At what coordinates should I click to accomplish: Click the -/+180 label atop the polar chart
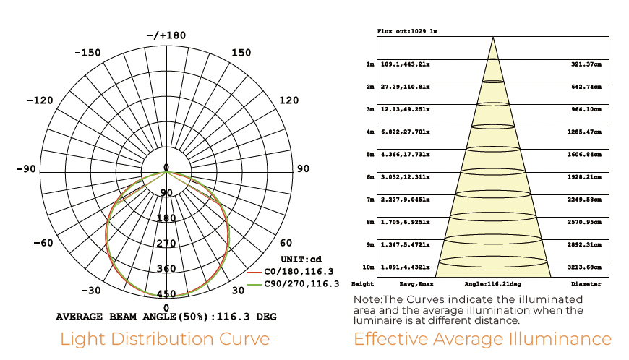coord(166,35)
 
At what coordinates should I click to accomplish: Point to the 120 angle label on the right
coord(288,100)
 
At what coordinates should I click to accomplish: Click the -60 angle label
coord(43,243)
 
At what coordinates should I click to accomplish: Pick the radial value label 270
coord(166,244)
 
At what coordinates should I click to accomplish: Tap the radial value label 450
coord(166,293)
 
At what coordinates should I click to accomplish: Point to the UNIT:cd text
coord(301,259)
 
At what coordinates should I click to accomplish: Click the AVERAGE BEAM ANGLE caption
coord(166,317)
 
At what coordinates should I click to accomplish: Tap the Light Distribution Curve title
coord(165,339)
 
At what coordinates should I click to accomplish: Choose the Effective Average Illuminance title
coord(482,339)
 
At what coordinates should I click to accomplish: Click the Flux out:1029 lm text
coord(407,32)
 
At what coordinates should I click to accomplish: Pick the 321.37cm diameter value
coord(586,64)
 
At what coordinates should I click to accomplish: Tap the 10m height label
coord(369,267)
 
